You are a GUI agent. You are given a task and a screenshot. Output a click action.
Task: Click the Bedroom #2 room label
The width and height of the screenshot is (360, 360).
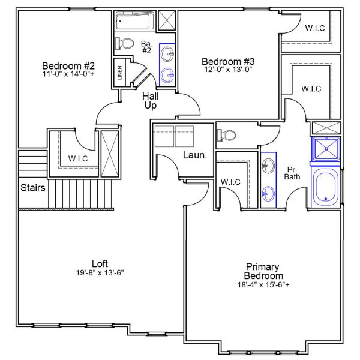coord(69,65)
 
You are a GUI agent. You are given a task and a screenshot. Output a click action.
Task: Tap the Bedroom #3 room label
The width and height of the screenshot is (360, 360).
coord(229,61)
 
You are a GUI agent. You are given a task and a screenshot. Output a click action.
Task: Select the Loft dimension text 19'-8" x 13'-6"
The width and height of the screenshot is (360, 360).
coord(100,272)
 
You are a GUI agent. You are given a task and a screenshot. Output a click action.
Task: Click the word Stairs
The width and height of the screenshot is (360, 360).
coord(33,187)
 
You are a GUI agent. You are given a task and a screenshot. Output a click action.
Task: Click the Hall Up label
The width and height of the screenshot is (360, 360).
coord(151,101)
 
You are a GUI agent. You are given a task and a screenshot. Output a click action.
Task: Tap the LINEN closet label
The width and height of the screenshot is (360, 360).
coord(121,73)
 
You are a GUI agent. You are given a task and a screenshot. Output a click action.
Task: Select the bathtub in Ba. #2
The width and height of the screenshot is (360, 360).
coord(134,22)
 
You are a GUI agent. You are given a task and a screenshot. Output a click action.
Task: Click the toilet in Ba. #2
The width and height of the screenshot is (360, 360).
coord(126,44)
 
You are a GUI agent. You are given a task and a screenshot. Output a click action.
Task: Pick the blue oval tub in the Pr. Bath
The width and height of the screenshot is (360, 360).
coord(325,188)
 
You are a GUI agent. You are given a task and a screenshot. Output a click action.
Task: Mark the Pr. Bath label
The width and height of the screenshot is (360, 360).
coord(292,173)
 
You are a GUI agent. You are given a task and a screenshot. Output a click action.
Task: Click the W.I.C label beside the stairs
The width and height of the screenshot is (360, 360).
coord(79,159)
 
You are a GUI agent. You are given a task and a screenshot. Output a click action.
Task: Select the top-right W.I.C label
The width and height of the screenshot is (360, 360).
coord(316,28)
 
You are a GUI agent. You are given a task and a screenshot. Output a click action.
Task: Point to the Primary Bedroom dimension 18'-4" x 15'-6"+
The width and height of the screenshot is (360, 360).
coord(263,285)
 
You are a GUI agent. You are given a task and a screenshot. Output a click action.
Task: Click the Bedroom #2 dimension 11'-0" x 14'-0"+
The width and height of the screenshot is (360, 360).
coord(69,74)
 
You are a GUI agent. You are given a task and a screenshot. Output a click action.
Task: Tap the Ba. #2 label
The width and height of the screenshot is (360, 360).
coord(146,47)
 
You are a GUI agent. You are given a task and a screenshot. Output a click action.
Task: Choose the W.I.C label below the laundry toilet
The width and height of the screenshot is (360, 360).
coord(230,182)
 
